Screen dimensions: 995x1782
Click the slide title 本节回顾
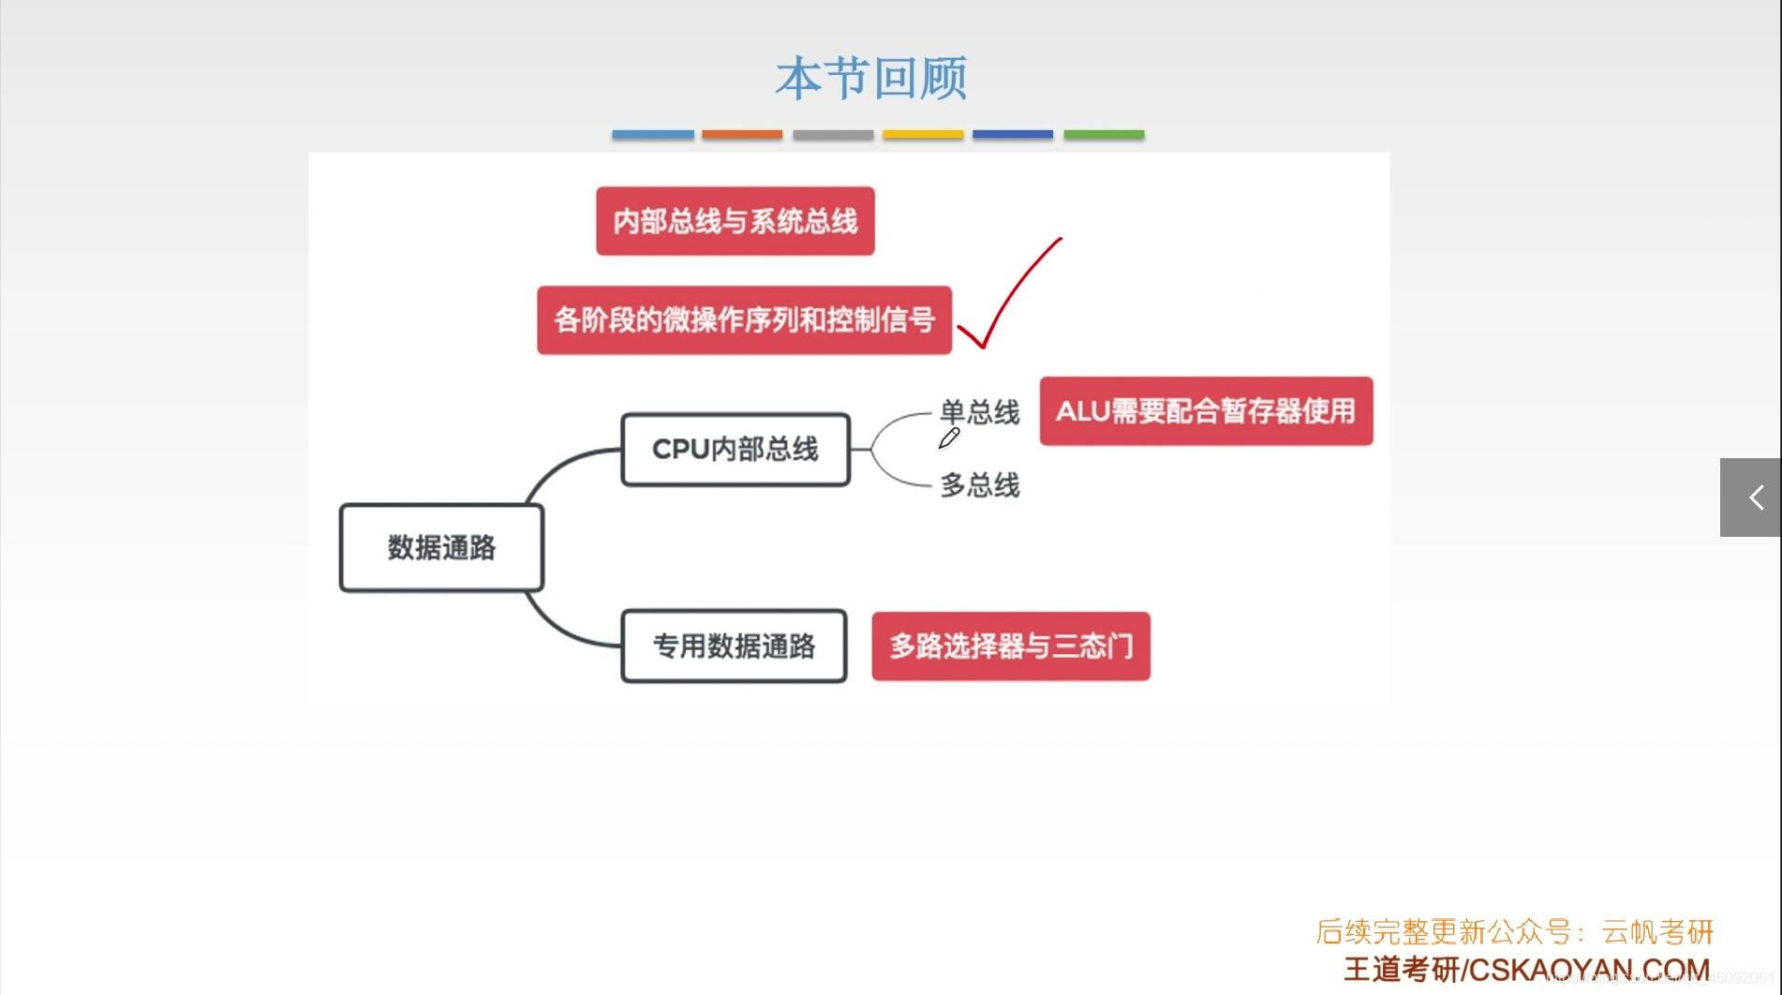[x=870, y=78]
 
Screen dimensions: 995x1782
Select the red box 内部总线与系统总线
[x=735, y=221]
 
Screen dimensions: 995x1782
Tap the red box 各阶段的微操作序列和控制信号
[x=744, y=320]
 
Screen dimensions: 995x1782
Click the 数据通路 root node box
[x=441, y=548]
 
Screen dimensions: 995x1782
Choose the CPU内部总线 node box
[x=735, y=450]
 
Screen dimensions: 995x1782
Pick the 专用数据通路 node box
[x=734, y=646]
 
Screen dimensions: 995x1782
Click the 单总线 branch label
[x=979, y=411]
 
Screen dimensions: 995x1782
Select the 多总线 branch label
[x=979, y=485]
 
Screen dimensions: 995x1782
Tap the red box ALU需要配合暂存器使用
[x=1206, y=411]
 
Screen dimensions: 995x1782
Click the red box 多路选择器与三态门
[x=1011, y=646]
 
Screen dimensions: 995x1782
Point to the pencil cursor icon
[x=948, y=438]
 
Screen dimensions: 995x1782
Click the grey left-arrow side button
[x=1750, y=497]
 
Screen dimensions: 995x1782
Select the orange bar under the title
[x=742, y=135]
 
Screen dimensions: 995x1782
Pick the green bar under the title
[x=1104, y=135]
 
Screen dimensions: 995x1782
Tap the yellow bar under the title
[x=923, y=135]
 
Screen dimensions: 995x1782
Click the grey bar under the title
[x=833, y=135]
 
